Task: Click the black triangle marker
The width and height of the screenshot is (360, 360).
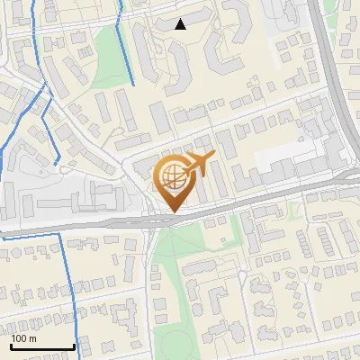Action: [x=181, y=24]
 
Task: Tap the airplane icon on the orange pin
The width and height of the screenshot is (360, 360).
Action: [x=199, y=163]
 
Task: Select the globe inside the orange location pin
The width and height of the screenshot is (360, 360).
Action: [x=172, y=177]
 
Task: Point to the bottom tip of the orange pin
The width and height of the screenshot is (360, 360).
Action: [x=173, y=213]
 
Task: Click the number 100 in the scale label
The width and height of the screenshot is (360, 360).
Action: [x=20, y=338]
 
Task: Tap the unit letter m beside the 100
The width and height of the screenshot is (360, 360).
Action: [x=33, y=338]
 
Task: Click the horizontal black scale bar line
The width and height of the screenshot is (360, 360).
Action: [x=42, y=346]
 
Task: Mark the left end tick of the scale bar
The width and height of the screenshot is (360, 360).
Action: [x=12, y=345]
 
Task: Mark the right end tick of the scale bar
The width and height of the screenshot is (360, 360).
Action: [x=74, y=345]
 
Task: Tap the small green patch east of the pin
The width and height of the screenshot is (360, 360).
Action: [x=294, y=210]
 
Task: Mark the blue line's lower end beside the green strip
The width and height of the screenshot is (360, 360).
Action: [x=133, y=85]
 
